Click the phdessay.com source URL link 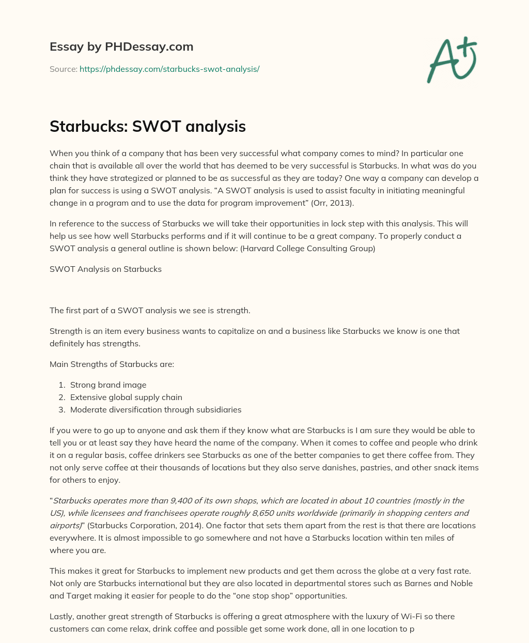pos(169,69)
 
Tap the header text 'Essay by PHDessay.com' pos(121,47)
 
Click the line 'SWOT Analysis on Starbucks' pos(105,269)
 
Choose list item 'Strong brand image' pos(108,385)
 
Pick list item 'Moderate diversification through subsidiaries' pos(155,409)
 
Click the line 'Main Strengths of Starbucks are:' pos(112,364)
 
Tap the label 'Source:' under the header pos(63,69)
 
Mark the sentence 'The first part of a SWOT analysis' pos(150,310)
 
